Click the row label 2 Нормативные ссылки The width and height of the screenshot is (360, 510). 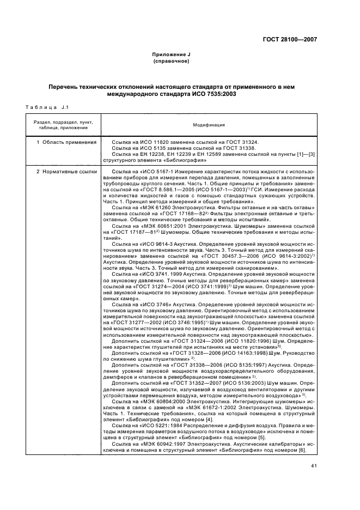(x=66, y=172)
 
